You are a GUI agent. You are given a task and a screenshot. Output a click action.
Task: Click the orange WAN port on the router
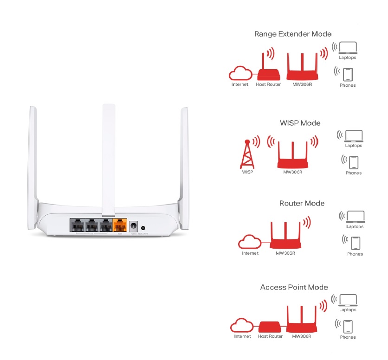click(120, 226)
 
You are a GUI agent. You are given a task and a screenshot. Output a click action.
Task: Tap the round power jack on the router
click(134, 227)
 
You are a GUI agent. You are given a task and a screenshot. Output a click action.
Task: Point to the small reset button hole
click(143, 228)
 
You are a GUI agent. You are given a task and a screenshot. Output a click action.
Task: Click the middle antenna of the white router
click(108, 158)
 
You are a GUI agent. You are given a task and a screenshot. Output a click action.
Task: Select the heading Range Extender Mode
click(293, 34)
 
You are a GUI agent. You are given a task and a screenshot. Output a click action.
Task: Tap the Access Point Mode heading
click(294, 287)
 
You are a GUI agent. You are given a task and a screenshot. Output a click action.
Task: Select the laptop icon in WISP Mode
click(354, 135)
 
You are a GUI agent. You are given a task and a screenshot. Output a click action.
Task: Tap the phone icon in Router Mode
click(356, 243)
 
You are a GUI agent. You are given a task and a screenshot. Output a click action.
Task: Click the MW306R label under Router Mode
click(285, 253)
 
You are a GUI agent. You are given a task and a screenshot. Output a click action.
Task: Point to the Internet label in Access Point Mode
click(242, 336)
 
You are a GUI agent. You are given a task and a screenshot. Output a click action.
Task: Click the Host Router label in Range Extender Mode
click(268, 84)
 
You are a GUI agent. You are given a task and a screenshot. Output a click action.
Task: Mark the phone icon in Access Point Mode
click(348, 326)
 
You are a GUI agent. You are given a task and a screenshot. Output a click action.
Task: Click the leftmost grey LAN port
click(77, 226)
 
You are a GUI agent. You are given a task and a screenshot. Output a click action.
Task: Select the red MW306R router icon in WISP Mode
click(292, 155)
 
